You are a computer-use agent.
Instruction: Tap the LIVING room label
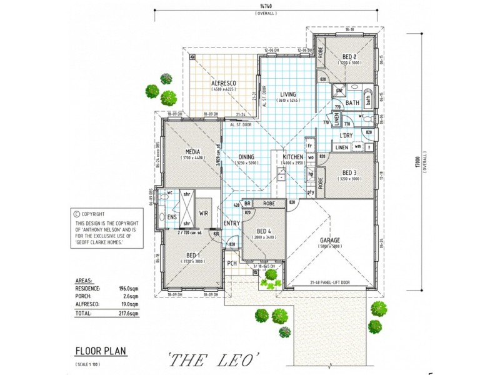pos(288,94)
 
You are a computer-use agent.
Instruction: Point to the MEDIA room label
pos(192,152)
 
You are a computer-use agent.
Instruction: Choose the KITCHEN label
pos(293,157)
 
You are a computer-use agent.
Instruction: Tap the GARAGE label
pos(330,240)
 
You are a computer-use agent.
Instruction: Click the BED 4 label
pos(263,231)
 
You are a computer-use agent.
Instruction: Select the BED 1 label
pos(192,256)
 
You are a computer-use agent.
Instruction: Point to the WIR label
pos(203,213)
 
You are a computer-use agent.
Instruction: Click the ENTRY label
pos(231,223)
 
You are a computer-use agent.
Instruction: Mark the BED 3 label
pos(349,172)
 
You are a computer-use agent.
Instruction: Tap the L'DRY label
pos(347,135)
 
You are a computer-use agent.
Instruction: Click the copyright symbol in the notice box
pos(77,214)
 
